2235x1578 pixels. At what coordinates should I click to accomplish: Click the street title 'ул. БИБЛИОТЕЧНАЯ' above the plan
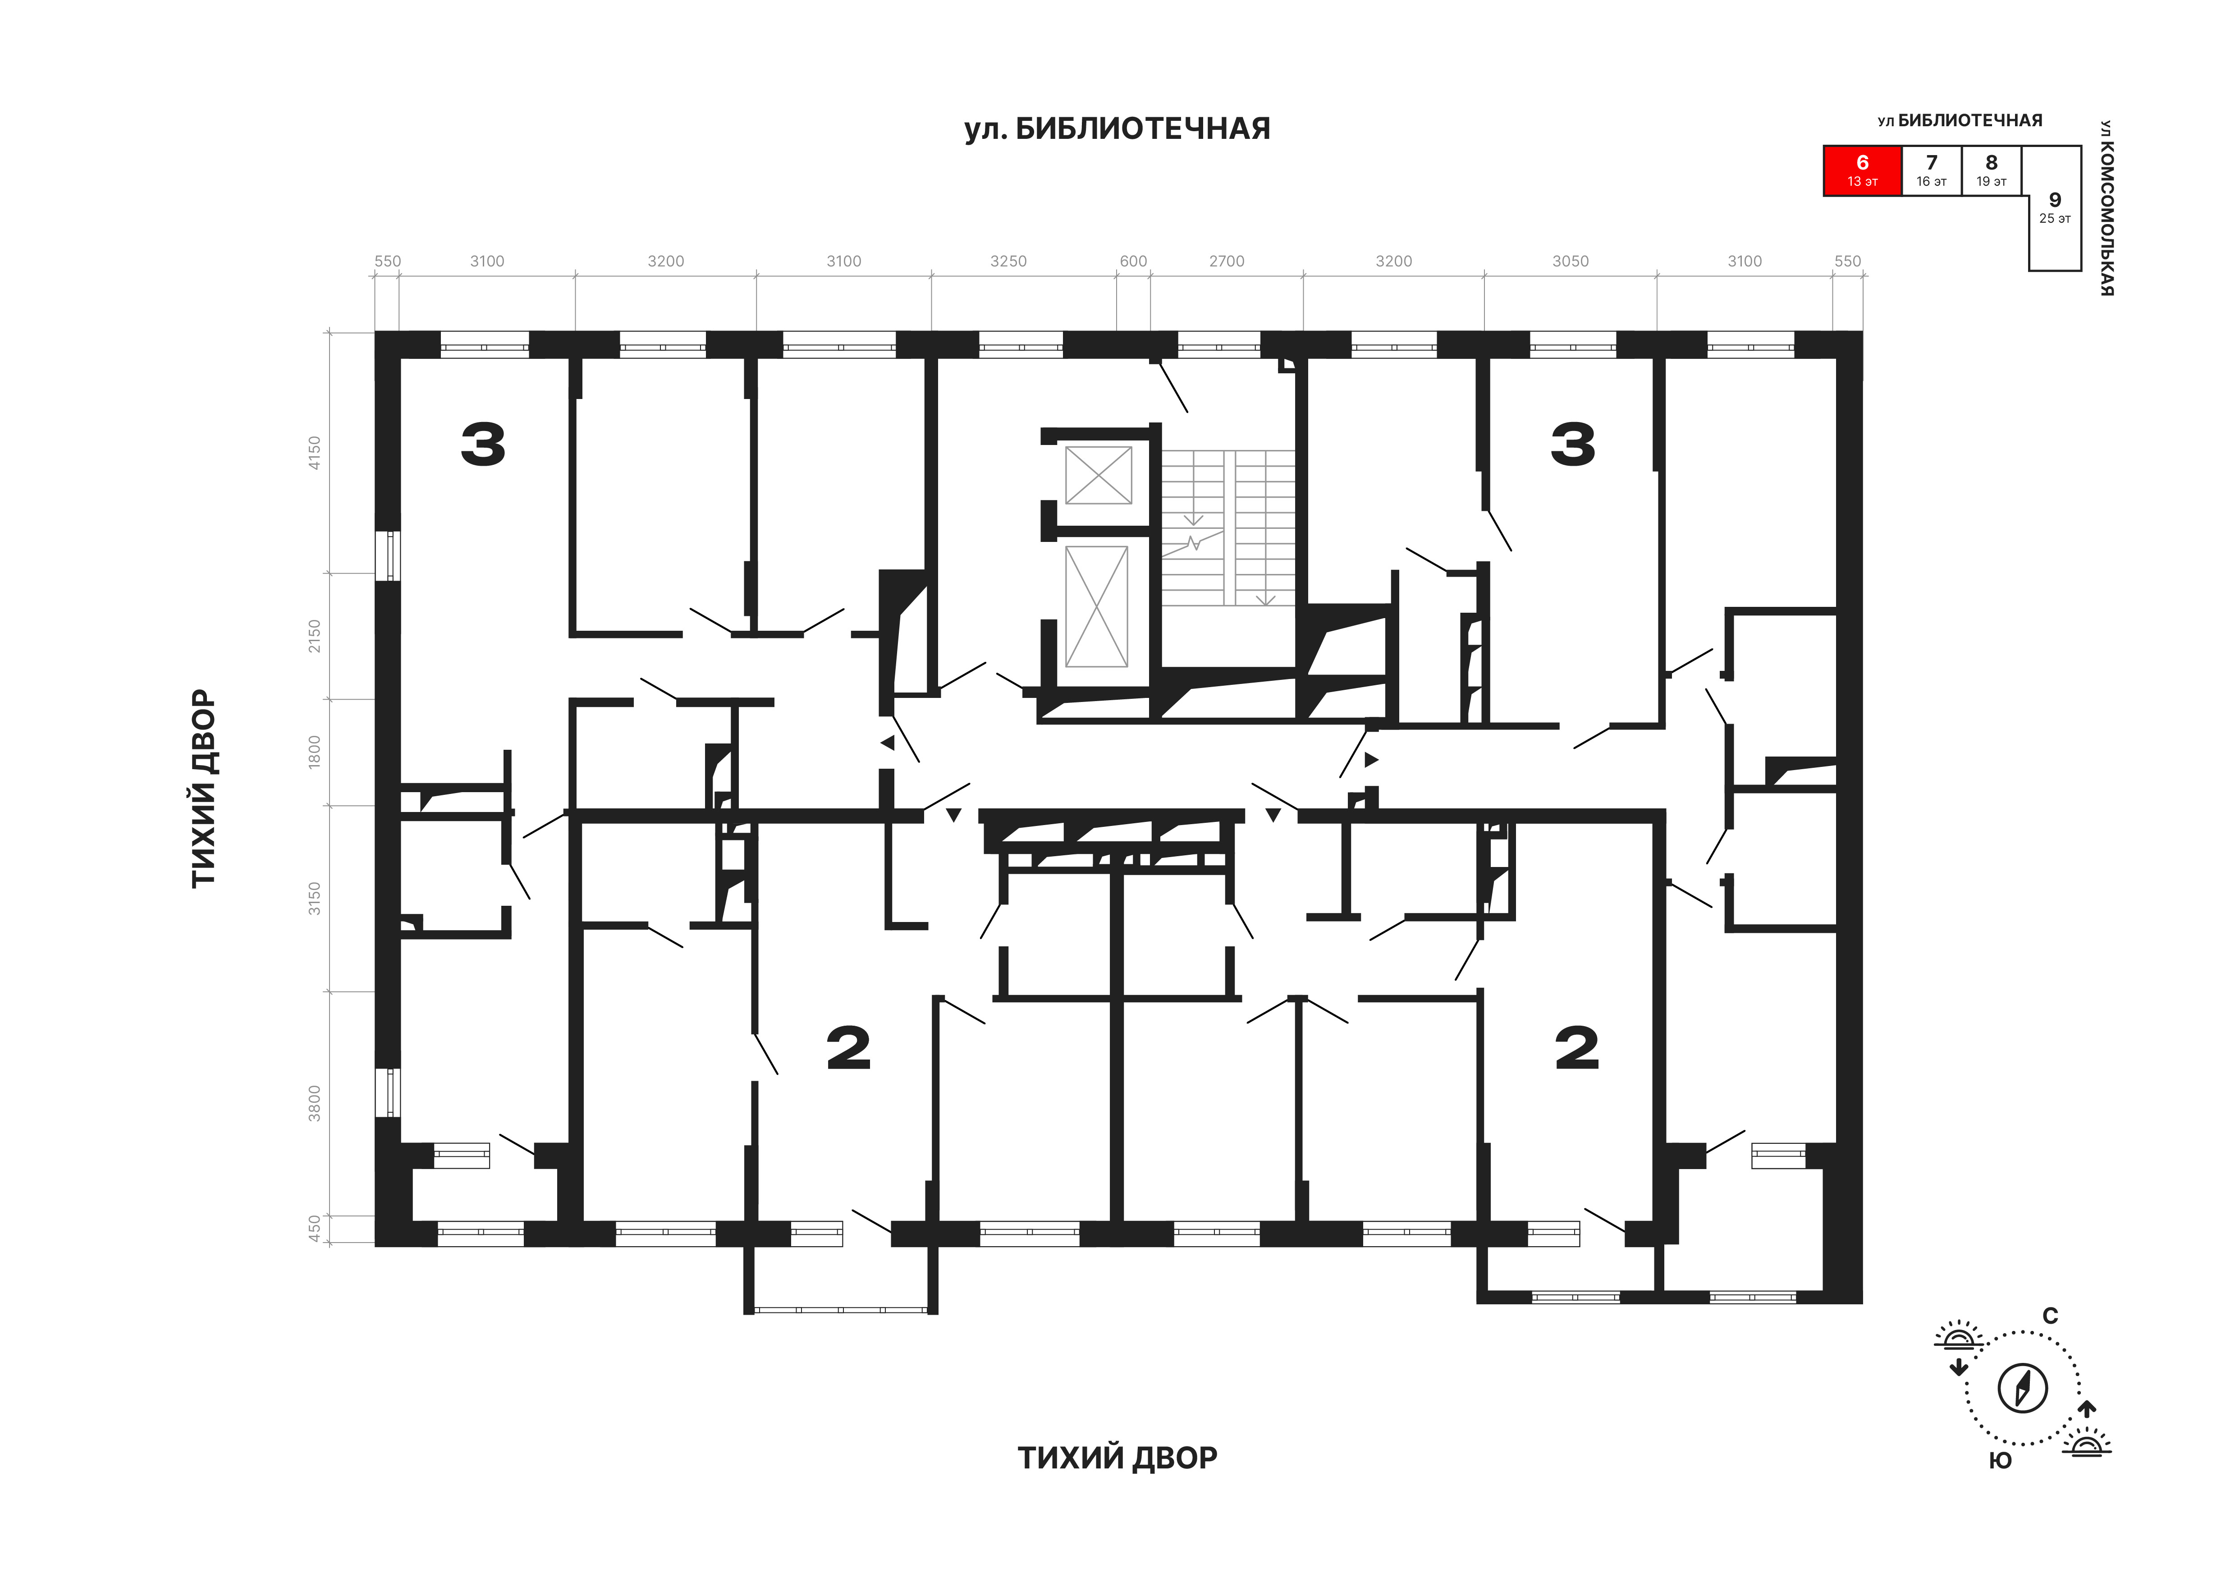(x=1117, y=128)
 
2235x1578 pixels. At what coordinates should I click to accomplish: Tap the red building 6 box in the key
(x=1862, y=170)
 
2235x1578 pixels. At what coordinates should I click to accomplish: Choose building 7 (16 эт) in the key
(x=1931, y=170)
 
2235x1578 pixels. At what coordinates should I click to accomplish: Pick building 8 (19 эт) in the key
(x=1992, y=170)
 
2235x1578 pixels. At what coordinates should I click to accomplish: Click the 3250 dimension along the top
(x=1008, y=261)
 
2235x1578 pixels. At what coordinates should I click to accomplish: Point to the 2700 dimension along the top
(x=1227, y=261)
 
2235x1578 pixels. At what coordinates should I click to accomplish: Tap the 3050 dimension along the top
(x=1570, y=261)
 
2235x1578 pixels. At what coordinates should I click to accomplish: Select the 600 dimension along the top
(x=1133, y=261)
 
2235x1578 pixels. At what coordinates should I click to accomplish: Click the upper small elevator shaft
(x=1098, y=475)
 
